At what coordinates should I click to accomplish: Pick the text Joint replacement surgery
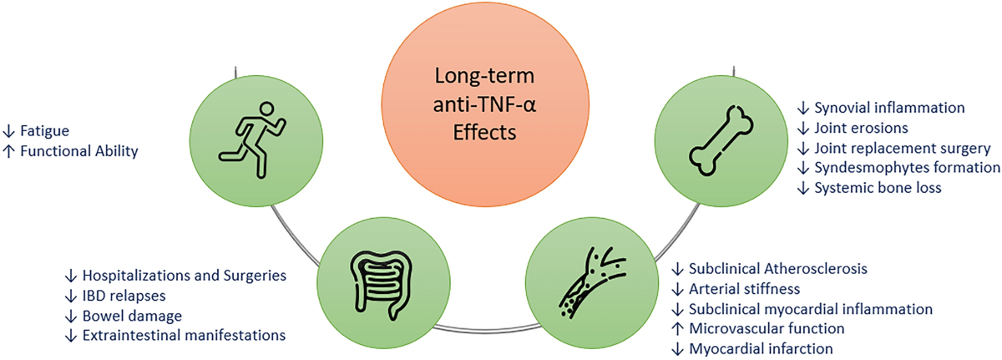pos(903,148)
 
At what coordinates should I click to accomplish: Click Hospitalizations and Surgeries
pos(184,275)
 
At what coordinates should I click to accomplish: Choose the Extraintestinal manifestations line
pos(185,335)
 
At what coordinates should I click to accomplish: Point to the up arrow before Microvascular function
pos(679,329)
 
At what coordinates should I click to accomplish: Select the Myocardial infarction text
pos(761,349)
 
